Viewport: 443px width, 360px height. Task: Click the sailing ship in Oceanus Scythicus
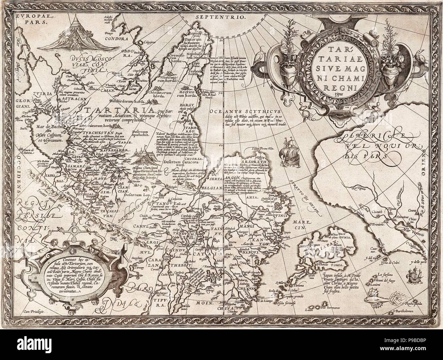pos(289,148)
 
